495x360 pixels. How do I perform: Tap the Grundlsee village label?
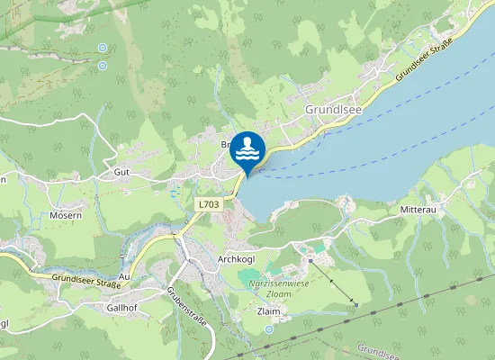(332, 110)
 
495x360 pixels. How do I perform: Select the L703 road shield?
(208, 205)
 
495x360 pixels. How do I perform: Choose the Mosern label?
(66, 215)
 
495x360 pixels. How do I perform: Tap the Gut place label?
(122, 170)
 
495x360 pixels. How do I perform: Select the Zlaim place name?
(269, 310)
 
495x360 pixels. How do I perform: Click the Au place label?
(124, 276)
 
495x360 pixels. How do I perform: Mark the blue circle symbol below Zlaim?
(269, 330)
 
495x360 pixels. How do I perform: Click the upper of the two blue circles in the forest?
(102, 48)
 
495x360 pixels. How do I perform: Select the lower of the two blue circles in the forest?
(102, 65)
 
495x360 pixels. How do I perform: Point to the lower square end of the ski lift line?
(355, 304)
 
